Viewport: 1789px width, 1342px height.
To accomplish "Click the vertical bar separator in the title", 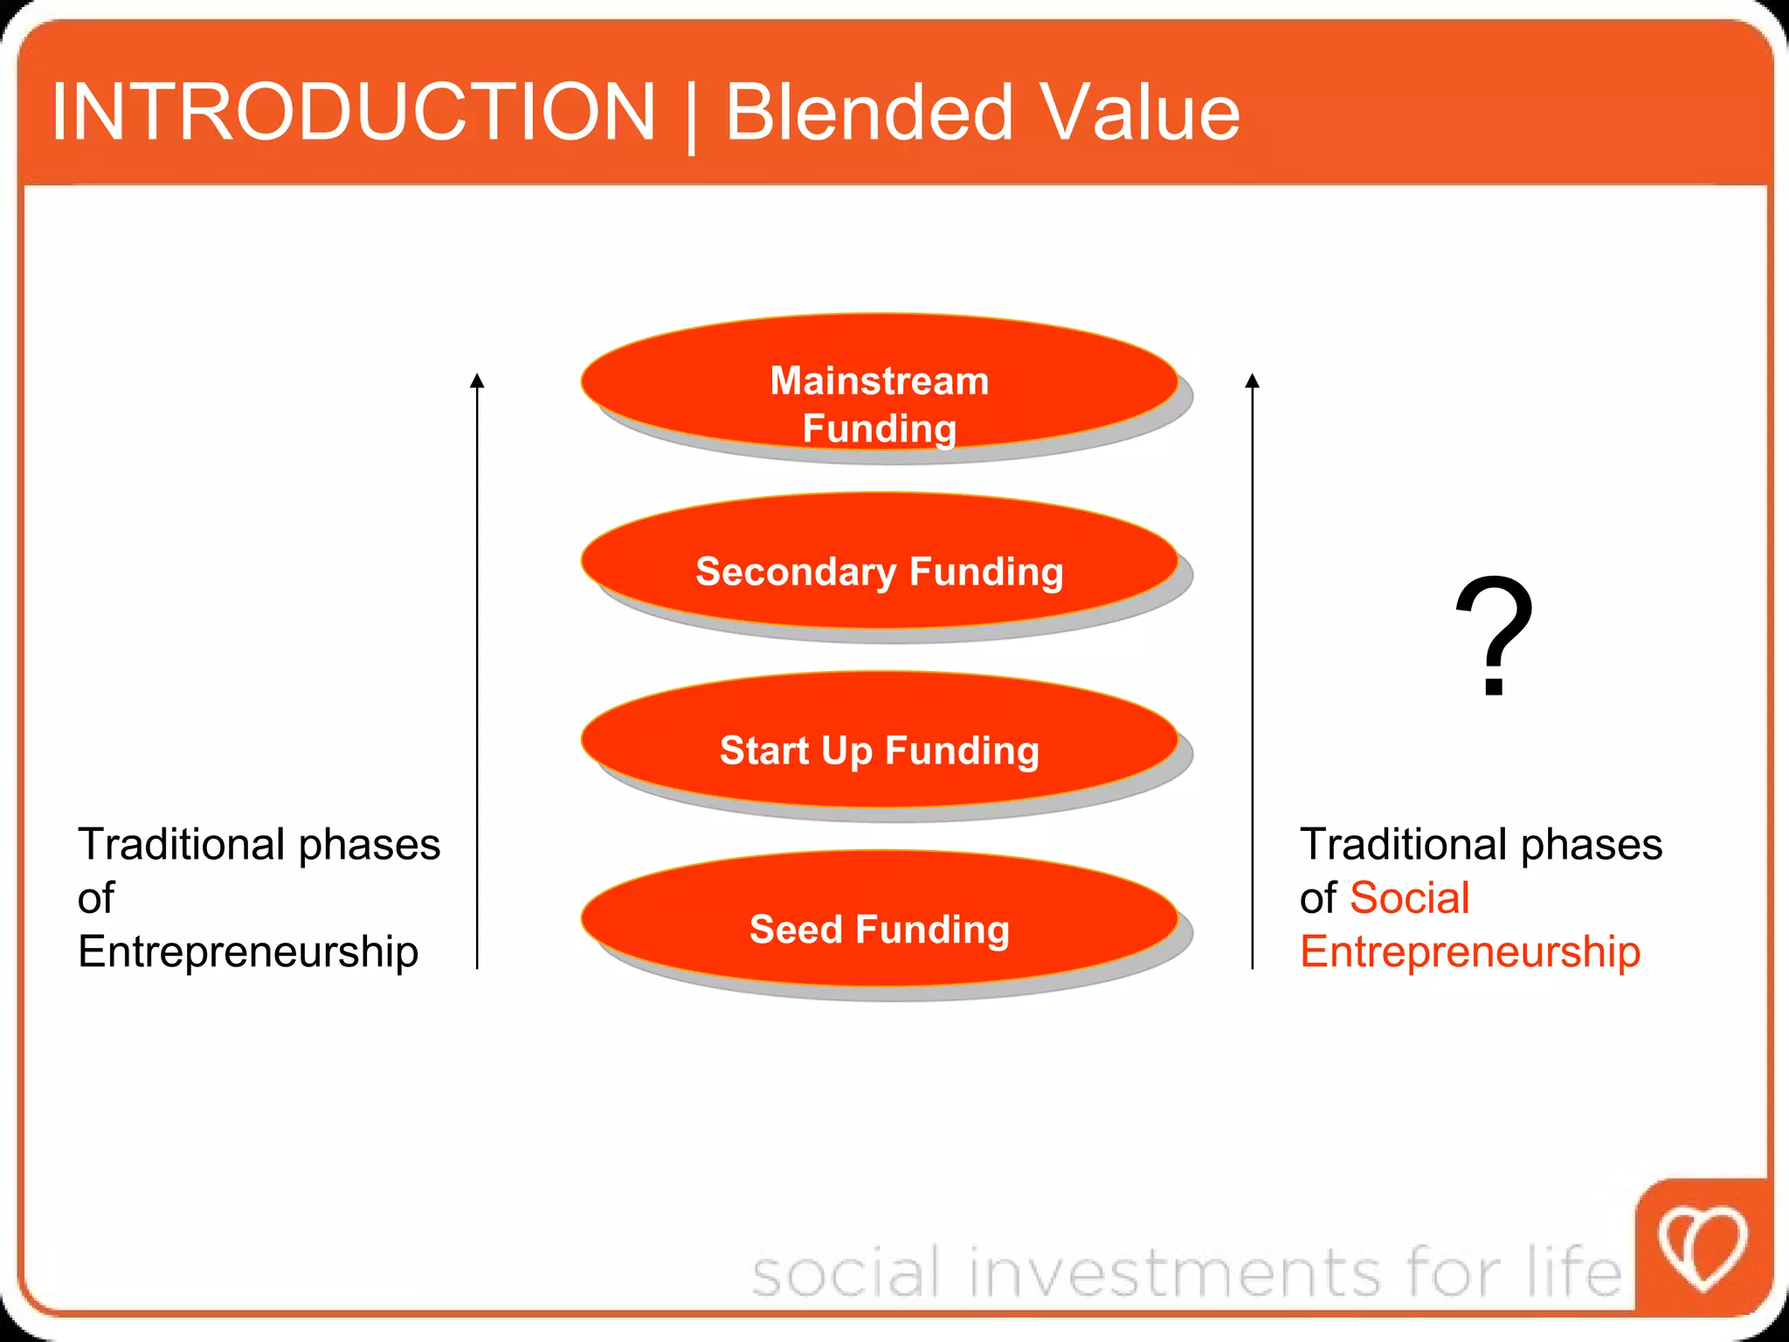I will tap(691, 115).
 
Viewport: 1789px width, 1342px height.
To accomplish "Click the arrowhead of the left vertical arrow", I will tap(477, 381).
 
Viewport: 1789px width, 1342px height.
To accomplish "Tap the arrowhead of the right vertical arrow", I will tap(1253, 381).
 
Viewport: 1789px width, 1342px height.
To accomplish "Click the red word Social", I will tap(1409, 898).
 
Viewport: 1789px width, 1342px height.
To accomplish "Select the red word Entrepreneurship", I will tap(1470, 951).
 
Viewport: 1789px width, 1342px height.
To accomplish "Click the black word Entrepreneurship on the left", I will tap(248, 951).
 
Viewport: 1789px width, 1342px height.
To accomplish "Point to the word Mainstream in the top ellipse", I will tap(880, 381).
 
